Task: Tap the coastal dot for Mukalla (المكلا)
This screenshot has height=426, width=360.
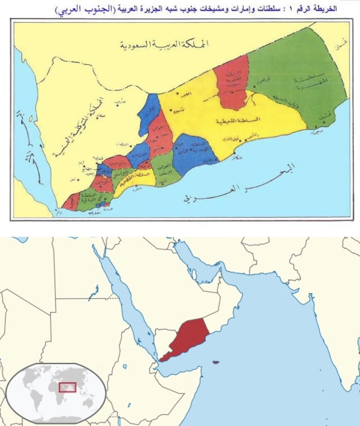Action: point(234,153)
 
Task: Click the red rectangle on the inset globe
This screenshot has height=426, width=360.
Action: point(67,387)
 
